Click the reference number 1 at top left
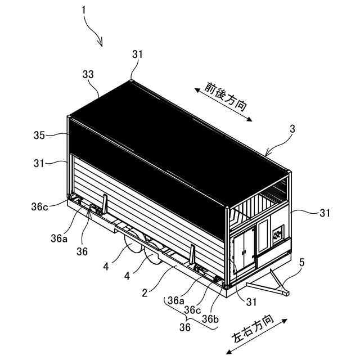(x=84, y=10)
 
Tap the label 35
(x=38, y=135)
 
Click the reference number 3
(x=292, y=129)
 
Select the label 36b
(x=210, y=319)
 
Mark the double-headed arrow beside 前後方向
(x=223, y=103)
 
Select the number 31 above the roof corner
(x=138, y=55)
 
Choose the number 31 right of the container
(x=325, y=213)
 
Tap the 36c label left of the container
(x=40, y=205)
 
